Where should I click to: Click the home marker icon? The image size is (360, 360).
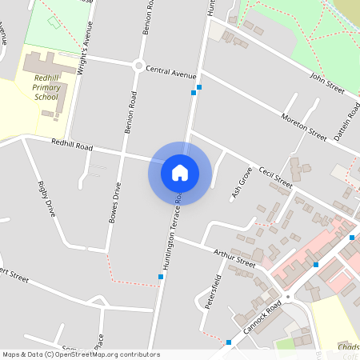point(180,172)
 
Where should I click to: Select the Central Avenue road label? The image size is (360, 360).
point(170,73)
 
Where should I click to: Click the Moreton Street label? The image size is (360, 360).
point(304,126)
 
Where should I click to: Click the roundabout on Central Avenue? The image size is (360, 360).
point(138,66)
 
